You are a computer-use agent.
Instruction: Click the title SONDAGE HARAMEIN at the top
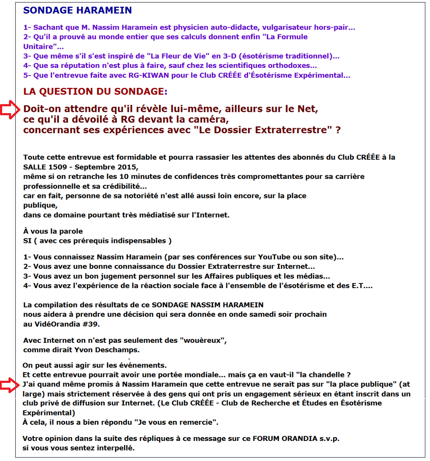point(78,11)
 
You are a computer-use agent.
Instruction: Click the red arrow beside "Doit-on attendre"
point(9,110)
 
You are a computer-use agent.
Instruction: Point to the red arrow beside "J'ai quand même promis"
point(9,385)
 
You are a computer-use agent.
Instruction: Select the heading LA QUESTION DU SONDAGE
point(95,91)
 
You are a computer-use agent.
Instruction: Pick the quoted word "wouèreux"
point(202,341)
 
